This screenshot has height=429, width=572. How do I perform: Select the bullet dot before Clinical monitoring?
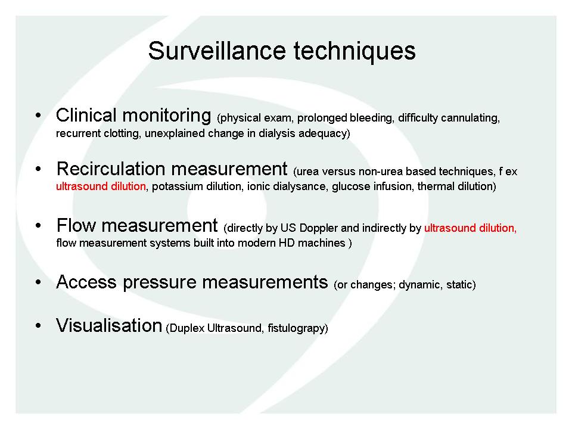(x=38, y=115)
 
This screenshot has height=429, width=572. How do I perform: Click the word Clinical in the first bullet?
(x=86, y=115)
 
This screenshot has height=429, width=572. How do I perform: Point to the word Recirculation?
(x=111, y=169)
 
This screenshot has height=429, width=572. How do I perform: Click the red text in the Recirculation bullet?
(x=101, y=186)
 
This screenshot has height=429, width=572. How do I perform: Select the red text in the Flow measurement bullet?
(x=470, y=228)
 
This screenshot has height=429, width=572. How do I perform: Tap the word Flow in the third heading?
(x=76, y=225)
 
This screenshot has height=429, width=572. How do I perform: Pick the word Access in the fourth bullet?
(x=86, y=282)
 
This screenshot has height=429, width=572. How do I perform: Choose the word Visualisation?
(x=108, y=325)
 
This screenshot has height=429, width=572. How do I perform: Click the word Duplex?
(x=185, y=328)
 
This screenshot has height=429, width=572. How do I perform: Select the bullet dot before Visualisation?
(x=38, y=325)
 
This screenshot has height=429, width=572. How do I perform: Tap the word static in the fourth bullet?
(x=461, y=285)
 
